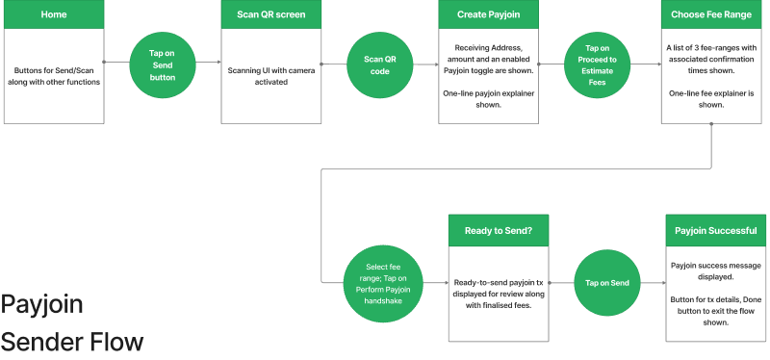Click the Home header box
coord(54,14)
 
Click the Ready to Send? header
coord(498,231)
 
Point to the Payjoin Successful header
coord(714,231)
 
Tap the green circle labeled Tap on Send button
coord(163,63)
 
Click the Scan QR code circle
coord(378,63)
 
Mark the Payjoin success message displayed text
coord(714,270)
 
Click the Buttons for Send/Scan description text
coord(54,75)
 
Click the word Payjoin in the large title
coord(41,305)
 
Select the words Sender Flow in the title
coord(71,341)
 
